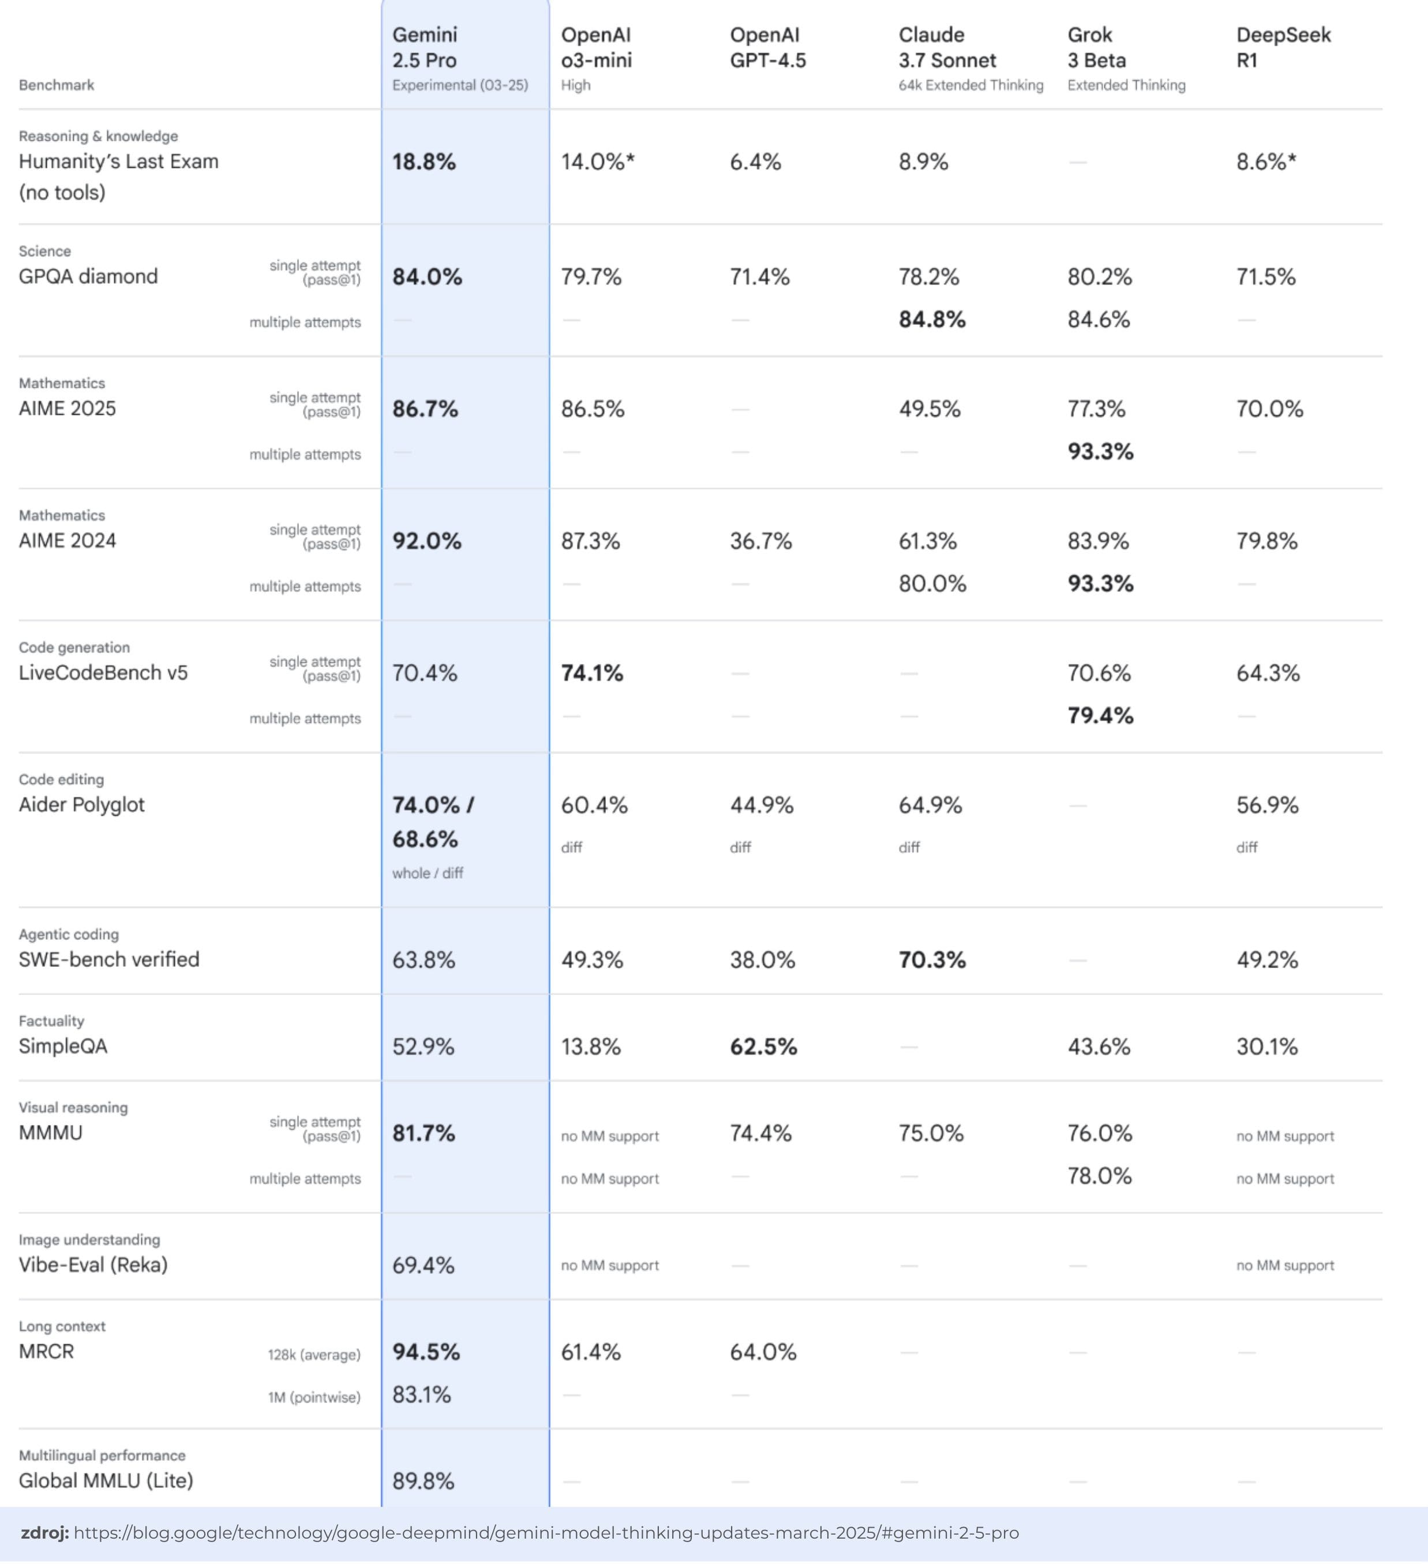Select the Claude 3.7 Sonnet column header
click(x=947, y=48)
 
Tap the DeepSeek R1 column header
click(x=1283, y=48)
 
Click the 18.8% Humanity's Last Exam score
click(x=423, y=162)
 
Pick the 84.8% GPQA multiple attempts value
click(x=932, y=320)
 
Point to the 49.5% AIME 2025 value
click(x=929, y=409)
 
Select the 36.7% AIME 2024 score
click(x=760, y=541)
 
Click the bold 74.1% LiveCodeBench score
click(x=592, y=673)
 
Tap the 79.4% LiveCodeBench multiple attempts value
click(x=1100, y=715)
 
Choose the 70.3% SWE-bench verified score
click(x=932, y=959)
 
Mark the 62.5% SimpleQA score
click(x=763, y=1047)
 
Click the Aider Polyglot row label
click(x=81, y=804)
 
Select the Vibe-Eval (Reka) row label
click(x=93, y=1265)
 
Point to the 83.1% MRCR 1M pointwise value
click(x=421, y=1395)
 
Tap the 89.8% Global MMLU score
click(x=423, y=1481)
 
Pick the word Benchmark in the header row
click(x=57, y=85)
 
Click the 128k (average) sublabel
click(x=314, y=1355)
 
